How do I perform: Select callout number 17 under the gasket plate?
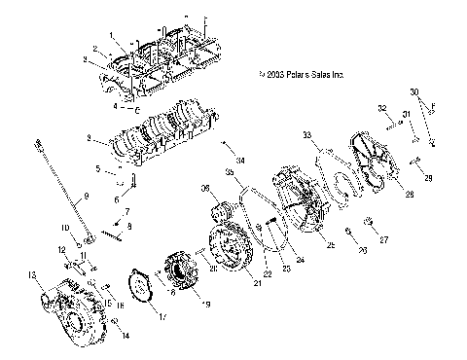click(162, 316)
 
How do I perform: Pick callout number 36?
click(206, 189)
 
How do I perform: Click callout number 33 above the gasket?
click(307, 134)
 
